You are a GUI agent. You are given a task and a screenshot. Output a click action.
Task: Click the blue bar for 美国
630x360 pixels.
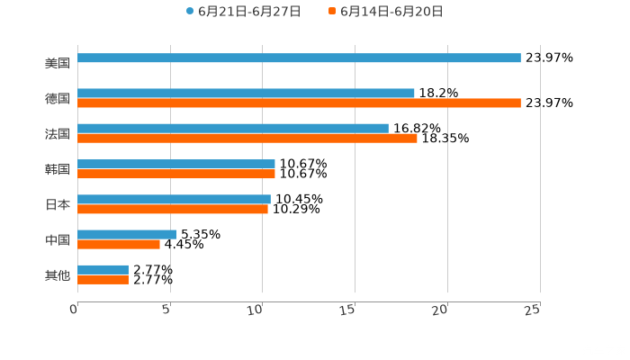click(x=299, y=58)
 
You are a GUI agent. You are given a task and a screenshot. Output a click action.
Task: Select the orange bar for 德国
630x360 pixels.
click(x=299, y=103)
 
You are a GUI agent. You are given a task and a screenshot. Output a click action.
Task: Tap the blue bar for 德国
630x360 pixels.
click(x=246, y=93)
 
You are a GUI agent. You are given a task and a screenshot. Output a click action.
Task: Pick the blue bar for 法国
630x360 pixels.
click(x=233, y=128)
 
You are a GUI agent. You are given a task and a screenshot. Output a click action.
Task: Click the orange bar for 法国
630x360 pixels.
click(x=247, y=139)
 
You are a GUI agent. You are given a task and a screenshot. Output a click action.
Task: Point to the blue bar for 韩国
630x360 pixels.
click(x=176, y=164)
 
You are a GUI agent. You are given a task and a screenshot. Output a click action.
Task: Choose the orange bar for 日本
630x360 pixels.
click(x=173, y=210)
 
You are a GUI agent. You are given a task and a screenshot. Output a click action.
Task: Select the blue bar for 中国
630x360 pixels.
click(x=127, y=234)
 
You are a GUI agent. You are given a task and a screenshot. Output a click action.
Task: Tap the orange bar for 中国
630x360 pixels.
click(x=119, y=244)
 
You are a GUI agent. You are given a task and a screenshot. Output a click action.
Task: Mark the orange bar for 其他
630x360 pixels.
click(x=103, y=280)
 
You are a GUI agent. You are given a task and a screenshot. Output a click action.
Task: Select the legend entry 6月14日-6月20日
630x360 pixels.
click(x=391, y=12)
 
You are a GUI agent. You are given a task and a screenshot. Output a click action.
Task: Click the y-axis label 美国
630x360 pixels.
click(x=58, y=64)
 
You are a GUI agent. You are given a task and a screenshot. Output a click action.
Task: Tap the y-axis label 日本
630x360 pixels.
click(x=58, y=204)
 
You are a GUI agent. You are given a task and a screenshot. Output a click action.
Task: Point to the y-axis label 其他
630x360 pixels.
click(x=58, y=274)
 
